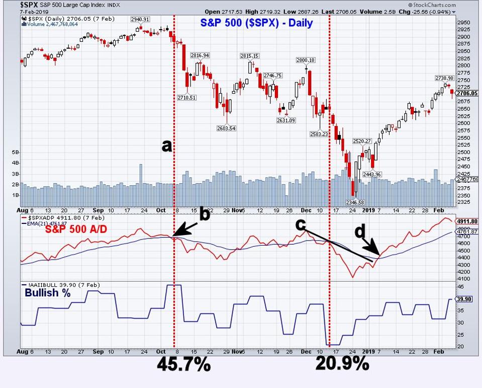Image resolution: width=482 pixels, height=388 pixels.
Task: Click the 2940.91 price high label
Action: point(140,19)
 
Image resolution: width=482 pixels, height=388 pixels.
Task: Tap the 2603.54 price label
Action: point(226,128)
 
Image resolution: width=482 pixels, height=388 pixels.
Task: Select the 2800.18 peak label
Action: point(305,60)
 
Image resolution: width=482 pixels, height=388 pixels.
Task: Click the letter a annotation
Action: point(166,145)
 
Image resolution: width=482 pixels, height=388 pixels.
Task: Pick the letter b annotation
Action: point(204,214)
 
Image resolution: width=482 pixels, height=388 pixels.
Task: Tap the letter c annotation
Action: point(301,225)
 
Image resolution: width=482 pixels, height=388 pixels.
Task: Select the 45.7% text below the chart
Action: point(183,364)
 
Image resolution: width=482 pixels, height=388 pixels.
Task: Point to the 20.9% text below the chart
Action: point(342,363)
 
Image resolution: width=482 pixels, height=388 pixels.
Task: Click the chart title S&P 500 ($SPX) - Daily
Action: point(256,23)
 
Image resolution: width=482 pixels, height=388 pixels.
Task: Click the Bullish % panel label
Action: point(48,292)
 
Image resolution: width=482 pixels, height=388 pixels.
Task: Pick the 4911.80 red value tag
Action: point(466,221)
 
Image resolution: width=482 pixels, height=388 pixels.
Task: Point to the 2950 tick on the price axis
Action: point(464,22)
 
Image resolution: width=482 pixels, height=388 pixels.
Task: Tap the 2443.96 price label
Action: point(372,174)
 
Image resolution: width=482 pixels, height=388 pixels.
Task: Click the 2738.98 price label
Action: point(445,78)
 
